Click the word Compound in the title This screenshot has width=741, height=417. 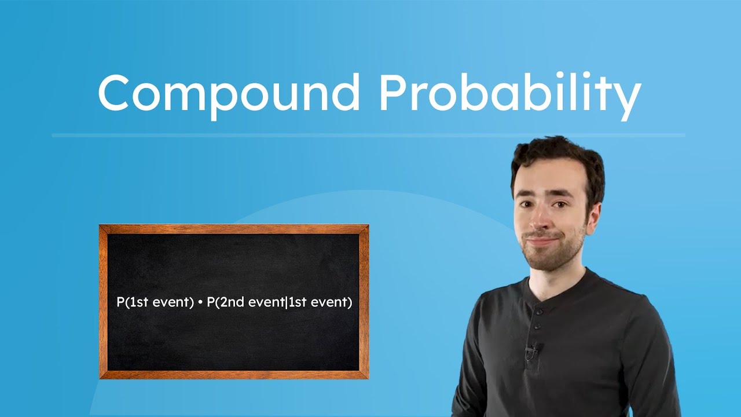(229, 93)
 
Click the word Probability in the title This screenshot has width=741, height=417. (509, 93)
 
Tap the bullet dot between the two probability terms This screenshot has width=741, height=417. (200, 303)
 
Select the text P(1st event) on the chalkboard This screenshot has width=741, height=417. (155, 303)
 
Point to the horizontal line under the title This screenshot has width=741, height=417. (368, 136)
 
